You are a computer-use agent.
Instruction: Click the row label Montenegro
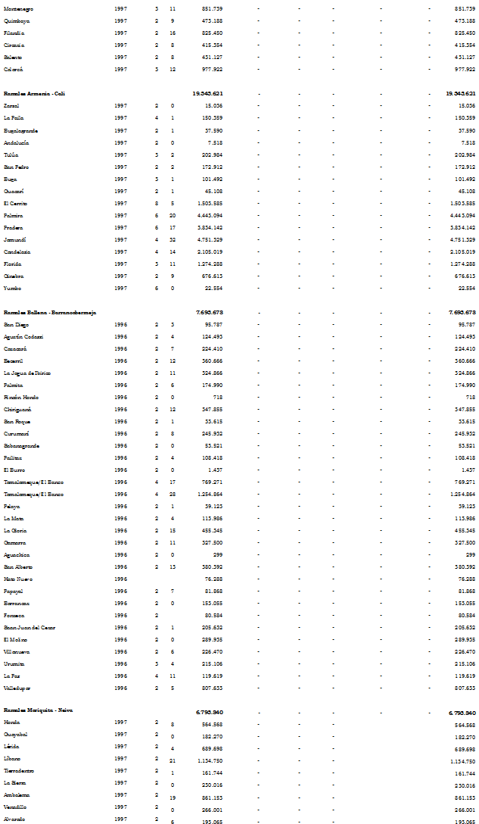pyautogui.click(x=19, y=8)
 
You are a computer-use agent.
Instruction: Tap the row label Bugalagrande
pyautogui.click(x=21, y=130)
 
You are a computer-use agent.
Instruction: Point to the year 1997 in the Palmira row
pyautogui.click(x=120, y=215)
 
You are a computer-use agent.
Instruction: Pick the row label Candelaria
pyautogui.click(x=17, y=251)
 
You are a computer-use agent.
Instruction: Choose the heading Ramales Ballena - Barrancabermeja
pyautogui.click(x=49, y=312)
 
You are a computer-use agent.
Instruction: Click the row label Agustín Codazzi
pyautogui.click(x=23, y=336)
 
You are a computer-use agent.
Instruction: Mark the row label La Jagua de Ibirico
pyautogui.click(x=26, y=373)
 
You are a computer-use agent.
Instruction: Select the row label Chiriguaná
pyautogui.click(x=17, y=409)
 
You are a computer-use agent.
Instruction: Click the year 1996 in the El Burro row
pyautogui.click(x=120, y=470)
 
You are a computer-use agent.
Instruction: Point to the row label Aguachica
pyautogui.click(x=17, y=554)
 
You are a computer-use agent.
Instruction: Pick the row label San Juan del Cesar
pyautogui.click(x=28, y=627)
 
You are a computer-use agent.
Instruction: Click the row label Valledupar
pyautogui.click(x=17, y=688)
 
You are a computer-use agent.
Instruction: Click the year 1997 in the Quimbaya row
pyautogui.click(x=120, y=20)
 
